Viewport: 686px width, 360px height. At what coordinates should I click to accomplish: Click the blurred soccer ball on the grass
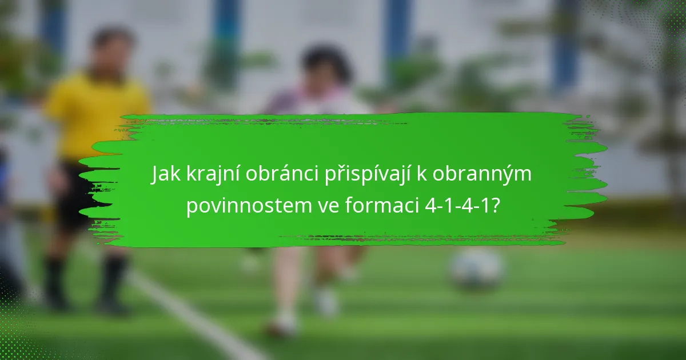476,268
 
